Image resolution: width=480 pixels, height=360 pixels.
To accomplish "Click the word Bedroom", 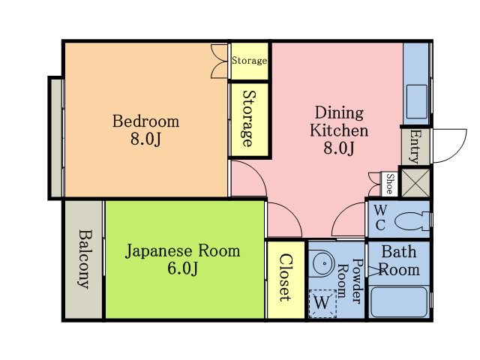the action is [x=145, y=121].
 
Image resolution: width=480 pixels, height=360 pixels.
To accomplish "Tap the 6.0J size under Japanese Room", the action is [x=182, y=268].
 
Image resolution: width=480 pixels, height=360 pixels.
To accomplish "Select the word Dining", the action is [x=339, y=112].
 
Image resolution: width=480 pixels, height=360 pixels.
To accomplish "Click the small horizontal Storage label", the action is [x=249, y=60].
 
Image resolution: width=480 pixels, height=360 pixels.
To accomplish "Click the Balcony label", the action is [x=85, y=259].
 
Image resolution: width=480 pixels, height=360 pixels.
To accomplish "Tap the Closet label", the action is [x=286, y=277].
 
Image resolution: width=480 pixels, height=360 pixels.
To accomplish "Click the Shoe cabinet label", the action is [x=390, y=184].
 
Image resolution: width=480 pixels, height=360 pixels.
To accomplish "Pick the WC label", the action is [x=380, y=217].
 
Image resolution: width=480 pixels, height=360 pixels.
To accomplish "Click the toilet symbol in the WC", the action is [x=412, y=220].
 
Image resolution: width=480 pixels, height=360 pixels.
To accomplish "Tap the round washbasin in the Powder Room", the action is [x=322, y=264].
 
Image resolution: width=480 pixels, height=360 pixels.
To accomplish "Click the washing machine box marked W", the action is [x=322, y=303].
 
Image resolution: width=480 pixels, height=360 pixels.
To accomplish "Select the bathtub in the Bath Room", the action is [x=399, y=301].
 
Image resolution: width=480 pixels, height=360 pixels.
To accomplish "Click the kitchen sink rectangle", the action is [x=417, y=101].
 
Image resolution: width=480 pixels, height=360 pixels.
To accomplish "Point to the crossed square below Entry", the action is [x=415, y=182].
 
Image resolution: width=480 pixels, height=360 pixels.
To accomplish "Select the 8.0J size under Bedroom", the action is [x=145, y=139].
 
